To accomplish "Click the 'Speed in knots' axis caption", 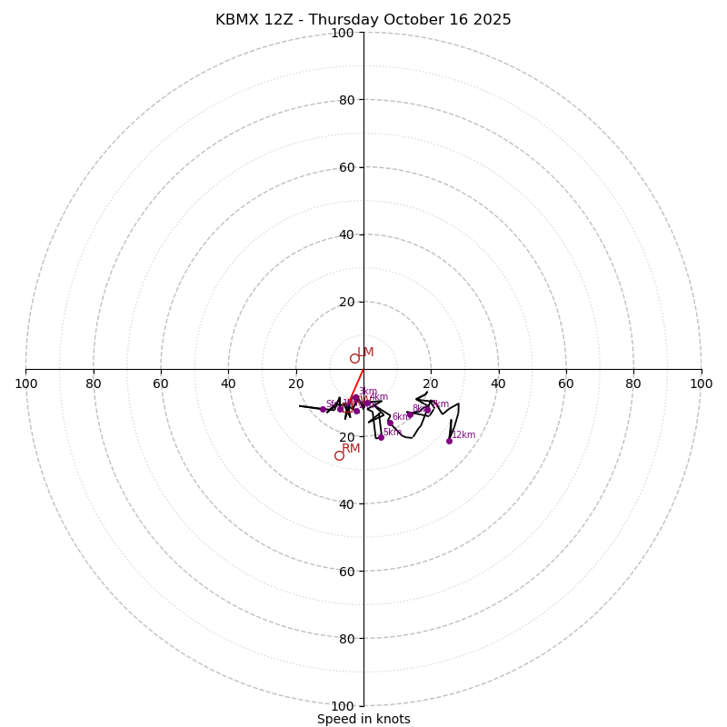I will [x=363, y=719].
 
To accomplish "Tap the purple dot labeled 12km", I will [x=449, y=441].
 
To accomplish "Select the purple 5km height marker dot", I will [x=381, y=437].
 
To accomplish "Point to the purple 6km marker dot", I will [x=390, y=423].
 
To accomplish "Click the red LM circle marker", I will [x=354, y=358].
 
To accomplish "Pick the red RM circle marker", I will [x=339, y=455].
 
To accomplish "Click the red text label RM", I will [x=351, y=448].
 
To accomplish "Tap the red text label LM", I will [x=365, y=352].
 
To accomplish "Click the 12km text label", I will [x=463, y=435].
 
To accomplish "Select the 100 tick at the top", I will [x=343, y=33].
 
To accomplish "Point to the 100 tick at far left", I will [x=25, y=383].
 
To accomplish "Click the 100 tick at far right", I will [x=702, y=383].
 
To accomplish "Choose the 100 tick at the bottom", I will [x=343, y=706].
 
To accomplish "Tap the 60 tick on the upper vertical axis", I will [x=345, y=167].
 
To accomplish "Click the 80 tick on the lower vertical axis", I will [x=345, y=639].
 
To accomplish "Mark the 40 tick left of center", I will [x=228, y=383].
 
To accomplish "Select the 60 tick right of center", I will [x=566, y=383].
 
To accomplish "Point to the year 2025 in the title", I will [x=491, y=20].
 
